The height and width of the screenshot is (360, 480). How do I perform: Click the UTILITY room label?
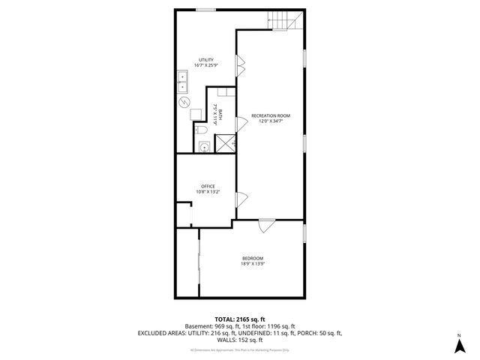click(x=205, y=60)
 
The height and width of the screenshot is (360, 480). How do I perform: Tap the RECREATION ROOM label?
click(x=270, y=115)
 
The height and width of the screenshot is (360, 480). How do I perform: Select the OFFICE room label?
click(x=208, y=186)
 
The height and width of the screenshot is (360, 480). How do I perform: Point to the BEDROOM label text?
click(x=252, y=258)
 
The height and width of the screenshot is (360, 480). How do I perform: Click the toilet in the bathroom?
click(x=204, y=130)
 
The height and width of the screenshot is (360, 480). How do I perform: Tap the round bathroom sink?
click(x=204, y=147)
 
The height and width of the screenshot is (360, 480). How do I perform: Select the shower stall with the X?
click(x=226, y=143)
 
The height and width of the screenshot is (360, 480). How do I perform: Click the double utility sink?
click(x=183, y=80)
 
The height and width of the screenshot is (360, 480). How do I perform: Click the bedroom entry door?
click(x=266, y=225)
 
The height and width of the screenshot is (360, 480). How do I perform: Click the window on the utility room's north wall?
click(x=206, y=10)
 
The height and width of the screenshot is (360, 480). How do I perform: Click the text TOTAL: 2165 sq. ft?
click(x=239, y=319)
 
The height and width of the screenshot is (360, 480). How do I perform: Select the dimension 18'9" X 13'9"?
click(x=252, y=264)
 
